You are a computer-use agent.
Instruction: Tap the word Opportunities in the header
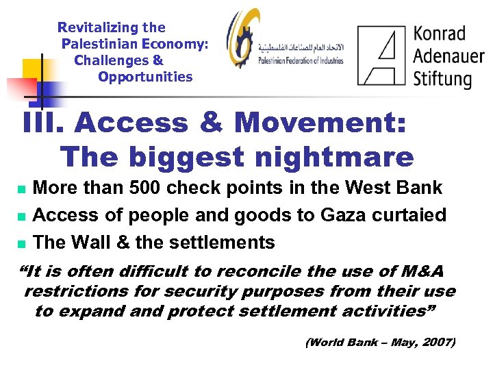tap(145, 77)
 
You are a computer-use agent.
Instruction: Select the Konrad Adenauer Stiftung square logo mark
tap(381, 56)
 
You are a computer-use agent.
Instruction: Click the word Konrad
tap(440, 33)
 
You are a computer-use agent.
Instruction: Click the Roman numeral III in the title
tap(42, 124)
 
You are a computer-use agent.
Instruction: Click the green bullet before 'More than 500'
tap(21, 188)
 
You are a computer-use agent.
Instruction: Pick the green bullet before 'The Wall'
tap(21, 243)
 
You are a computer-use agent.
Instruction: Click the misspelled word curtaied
tap(410, 215)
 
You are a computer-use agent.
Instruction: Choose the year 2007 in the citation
tap(433, 341)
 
